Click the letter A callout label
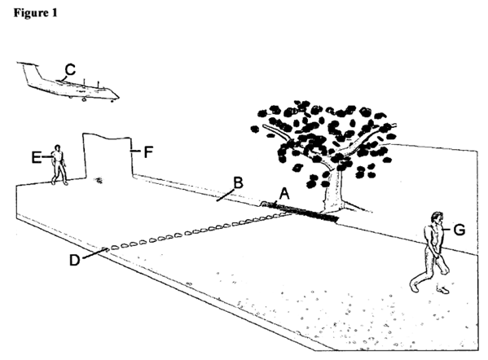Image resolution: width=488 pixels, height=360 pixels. (x=284, y=194)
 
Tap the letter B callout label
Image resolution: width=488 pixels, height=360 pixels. (x=238, y=183)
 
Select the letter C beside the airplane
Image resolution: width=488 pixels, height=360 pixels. (x=70, y=70)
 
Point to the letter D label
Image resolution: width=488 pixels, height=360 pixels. (x=75, y=260)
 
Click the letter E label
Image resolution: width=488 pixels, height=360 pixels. (x=36, y=157)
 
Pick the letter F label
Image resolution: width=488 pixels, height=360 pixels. (x=148, y=152)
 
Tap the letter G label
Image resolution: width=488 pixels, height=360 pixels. (x=459, y=230)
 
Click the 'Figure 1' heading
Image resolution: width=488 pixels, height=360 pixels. (x=36, y=13)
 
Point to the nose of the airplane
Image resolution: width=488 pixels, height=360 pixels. (x=117, y=96)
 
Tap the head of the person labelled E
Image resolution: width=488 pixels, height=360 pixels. (x=57, y=147)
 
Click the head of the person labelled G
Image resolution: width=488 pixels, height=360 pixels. (x=437, y=218)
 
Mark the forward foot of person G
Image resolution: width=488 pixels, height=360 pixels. (x=415, y=287)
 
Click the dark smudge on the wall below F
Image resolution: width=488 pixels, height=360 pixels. (x=99, y=180)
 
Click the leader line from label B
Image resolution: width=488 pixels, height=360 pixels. (x=226, y=195)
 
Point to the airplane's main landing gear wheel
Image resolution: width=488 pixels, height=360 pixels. (x=84, y=99)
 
